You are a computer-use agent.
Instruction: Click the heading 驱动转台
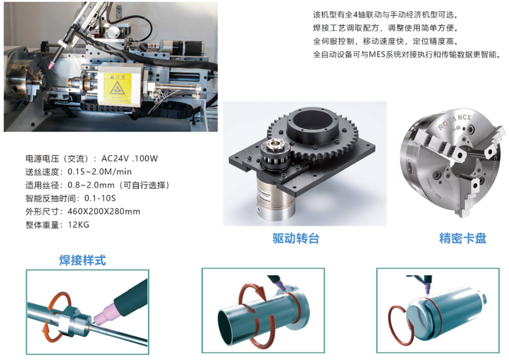296,238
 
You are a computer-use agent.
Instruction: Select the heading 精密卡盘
463,238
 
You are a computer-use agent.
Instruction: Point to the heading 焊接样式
83,260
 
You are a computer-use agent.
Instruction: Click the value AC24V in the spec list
115,158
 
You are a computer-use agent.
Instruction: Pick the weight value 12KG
78,225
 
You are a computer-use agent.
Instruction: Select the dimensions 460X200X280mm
104,212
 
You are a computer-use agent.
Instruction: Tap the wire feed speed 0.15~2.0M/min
100,172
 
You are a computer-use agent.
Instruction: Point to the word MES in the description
377,54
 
